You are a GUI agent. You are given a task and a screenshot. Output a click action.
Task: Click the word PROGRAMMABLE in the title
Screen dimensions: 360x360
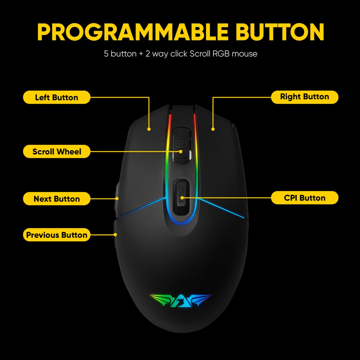pyautogui.click(x=134, y=32)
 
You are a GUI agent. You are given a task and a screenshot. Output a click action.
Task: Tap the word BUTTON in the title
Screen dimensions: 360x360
pyautogui.click(x=279, y=32)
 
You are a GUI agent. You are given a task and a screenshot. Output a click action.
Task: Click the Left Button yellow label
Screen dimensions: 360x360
pyautogui.click(x=57, y=97)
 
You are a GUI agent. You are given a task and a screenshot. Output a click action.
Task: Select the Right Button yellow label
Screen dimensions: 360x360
pyautogui.click(x=304, y=97)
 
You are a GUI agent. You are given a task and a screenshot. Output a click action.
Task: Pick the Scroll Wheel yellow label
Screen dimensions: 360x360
pyautogui.click(x=57, y=152)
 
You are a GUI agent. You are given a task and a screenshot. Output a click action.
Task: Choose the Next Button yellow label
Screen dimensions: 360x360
pyautogui.click(x=57, y=199)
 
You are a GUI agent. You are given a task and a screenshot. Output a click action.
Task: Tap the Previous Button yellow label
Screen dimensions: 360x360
pyautogui.click(x=57, y=235)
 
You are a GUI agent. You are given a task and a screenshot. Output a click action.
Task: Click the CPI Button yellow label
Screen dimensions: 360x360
pyautogui.click(x=304, y=198)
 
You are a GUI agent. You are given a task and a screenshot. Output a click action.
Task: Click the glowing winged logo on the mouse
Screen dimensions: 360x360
pyautogui.click(x=181, y=299)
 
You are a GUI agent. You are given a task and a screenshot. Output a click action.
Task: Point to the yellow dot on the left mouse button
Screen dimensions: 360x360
pyautogui.click(x=149, y=129)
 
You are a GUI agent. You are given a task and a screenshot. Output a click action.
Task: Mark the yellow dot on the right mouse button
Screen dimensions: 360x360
pyautogui.click(x=213, y=129)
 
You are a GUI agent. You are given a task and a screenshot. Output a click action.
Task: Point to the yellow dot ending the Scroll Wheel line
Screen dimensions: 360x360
pyautogui.click(x=181, y=152)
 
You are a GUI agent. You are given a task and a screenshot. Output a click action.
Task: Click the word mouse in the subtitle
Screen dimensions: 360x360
pyautogui.click(x=245, y=54)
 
